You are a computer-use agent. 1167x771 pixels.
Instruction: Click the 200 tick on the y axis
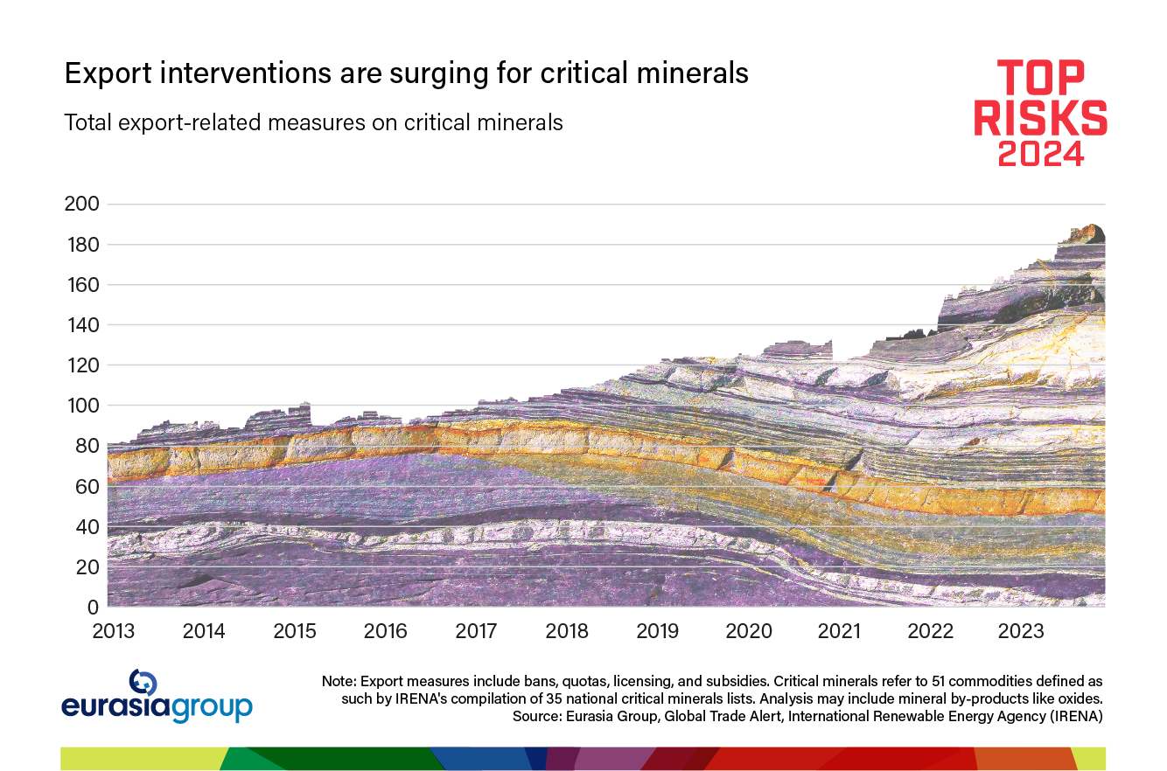[81, 205]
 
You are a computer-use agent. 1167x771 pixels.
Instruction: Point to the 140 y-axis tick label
[81, 325]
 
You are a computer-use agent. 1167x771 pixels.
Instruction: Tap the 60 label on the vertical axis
[87, 486]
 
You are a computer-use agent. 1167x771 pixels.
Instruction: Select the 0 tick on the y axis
[92, 607]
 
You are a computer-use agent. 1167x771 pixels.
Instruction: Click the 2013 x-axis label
[114, 631]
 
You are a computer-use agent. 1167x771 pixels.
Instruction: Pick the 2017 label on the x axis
[477, 631]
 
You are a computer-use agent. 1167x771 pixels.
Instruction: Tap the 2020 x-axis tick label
[750, 631]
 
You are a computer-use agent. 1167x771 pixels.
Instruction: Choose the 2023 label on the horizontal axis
[1022, 631]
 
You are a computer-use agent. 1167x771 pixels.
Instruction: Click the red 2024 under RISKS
[1041, 154]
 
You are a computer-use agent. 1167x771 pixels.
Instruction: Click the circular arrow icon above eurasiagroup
[143, 682]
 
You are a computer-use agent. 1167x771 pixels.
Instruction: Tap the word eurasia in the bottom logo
[116, 707]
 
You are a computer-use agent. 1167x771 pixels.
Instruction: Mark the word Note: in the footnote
[339, 681]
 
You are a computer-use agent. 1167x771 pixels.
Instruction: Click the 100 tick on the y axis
[81, 406]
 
